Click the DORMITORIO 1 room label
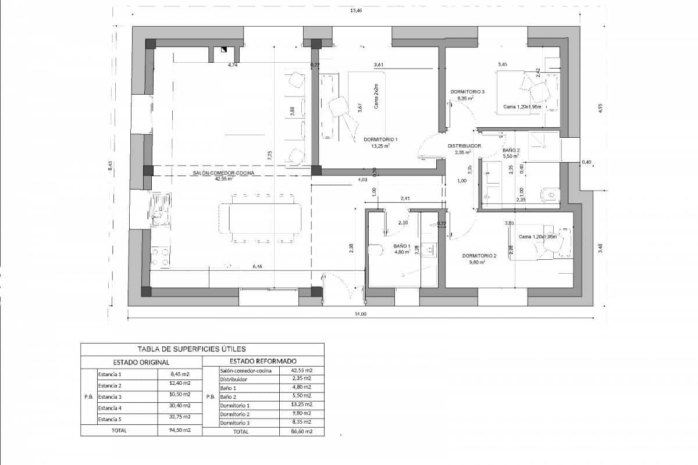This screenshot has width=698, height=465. pyautogui.click(x=380, y=139)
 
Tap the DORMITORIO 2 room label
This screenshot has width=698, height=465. pyautogui.click(x=479, y=256)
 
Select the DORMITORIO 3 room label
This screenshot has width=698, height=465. pyautogui.click(x=468, y=92)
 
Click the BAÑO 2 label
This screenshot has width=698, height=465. pyautogui.click(x=511, y=150)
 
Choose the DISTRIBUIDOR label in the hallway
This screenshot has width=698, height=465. pyautogui.click(x=464, y=146)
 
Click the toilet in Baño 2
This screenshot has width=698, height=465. pyautogui.click(x=549, y=195)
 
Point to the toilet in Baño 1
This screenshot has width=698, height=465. pyautogui.click(x=376, y=250)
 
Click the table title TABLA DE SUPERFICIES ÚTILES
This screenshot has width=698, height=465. pyautogui.click(x=191, y=349)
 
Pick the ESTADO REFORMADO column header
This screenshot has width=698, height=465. pyautogui.click(x=263, y=361)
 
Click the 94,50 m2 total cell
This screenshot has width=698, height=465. pyautogui.click(x=179, y=431)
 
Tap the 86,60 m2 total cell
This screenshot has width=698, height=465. pyautogui.click(x=301, y=431)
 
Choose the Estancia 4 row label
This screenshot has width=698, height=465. pyautogui.click(x=109, y=407)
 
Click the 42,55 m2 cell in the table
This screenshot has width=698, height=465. pyautogui.click(x=301, y=370)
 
